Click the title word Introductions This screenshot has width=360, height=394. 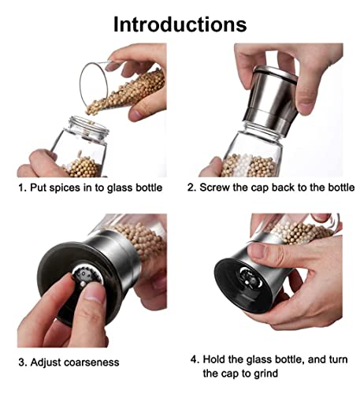180,22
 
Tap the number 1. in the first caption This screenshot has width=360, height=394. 23,188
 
